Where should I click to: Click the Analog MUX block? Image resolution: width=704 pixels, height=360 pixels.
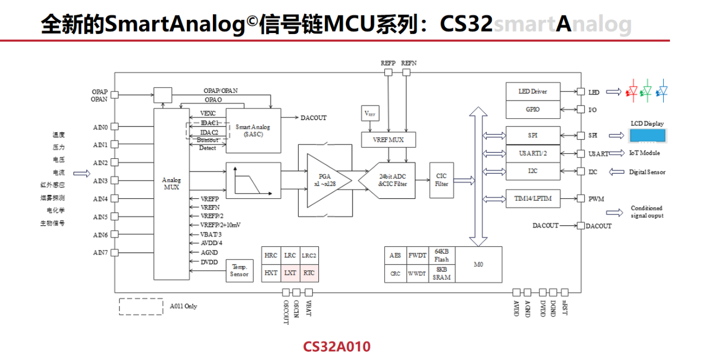coord(171,193)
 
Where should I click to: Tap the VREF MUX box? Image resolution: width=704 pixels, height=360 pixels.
coord(389,140)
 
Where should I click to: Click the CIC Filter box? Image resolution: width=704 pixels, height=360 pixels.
coord(441,180)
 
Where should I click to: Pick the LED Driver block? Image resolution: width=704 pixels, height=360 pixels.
coord(532,91)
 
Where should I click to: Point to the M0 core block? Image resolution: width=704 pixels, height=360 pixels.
coord(479,264)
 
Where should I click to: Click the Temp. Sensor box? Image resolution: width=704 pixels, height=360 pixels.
coord(239,271)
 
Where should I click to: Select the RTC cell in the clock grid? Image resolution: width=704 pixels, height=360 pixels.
coord(309,273)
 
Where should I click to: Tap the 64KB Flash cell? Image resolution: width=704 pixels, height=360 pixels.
coord(442,255)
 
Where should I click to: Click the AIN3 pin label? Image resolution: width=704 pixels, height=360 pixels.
coord(100,181)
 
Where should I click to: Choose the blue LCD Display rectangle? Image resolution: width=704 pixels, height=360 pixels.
coord(647,136)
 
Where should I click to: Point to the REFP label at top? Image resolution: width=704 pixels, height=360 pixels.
coord(388,63)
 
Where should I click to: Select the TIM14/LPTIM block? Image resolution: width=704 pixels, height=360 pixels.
coord(532,198)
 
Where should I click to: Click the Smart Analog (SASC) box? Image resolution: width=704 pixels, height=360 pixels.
coord(254,130)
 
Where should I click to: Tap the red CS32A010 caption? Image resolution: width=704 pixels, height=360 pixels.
coord(337,347)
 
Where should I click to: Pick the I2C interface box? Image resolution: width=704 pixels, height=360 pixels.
coord(532,171)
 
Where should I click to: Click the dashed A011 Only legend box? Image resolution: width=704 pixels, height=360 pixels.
coord(141,307)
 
